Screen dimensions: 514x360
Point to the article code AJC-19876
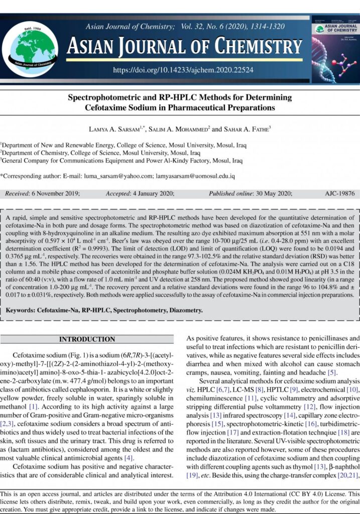coord(339,193)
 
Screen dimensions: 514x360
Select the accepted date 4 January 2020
coord(153,193)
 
